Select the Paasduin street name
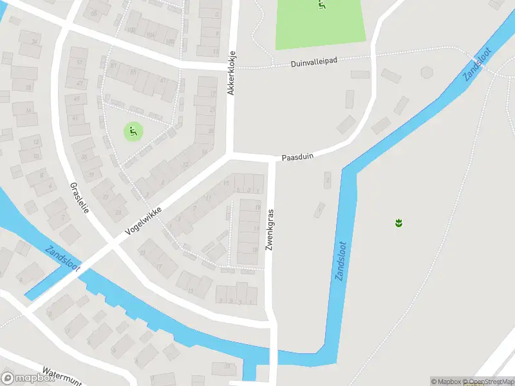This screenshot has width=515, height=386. coord(297,156)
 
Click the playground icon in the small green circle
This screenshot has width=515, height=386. coord(133,133)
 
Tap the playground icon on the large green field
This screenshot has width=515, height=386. coord(322,5)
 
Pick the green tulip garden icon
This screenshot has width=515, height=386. coord(398,223)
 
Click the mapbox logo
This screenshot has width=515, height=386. coord(28,378)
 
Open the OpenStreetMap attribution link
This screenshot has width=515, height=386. coord(487,381)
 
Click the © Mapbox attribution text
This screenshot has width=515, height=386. coord(445,381)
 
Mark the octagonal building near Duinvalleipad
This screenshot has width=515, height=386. coord(426,72)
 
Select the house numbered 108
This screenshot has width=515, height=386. coord(171,42)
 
